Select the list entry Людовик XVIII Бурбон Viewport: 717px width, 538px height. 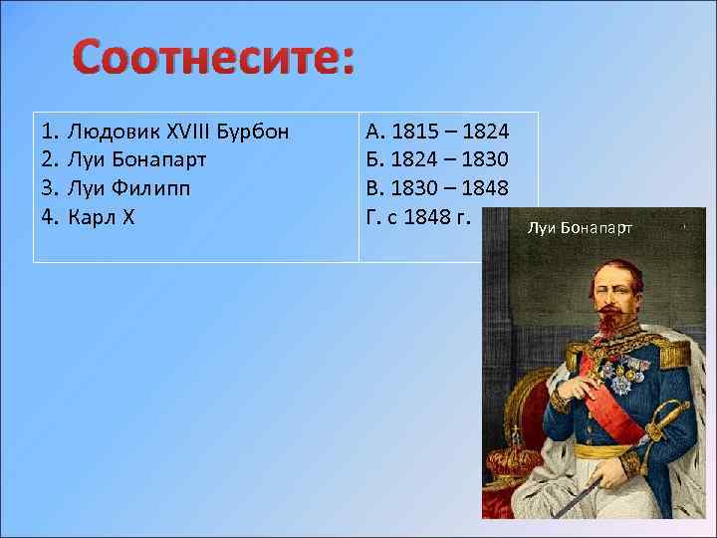click(178, 132)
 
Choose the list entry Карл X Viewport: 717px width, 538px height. click(101, 217)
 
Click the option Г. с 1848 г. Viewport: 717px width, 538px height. click(417, 217)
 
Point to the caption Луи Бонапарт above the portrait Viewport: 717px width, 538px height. click(580, 228)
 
